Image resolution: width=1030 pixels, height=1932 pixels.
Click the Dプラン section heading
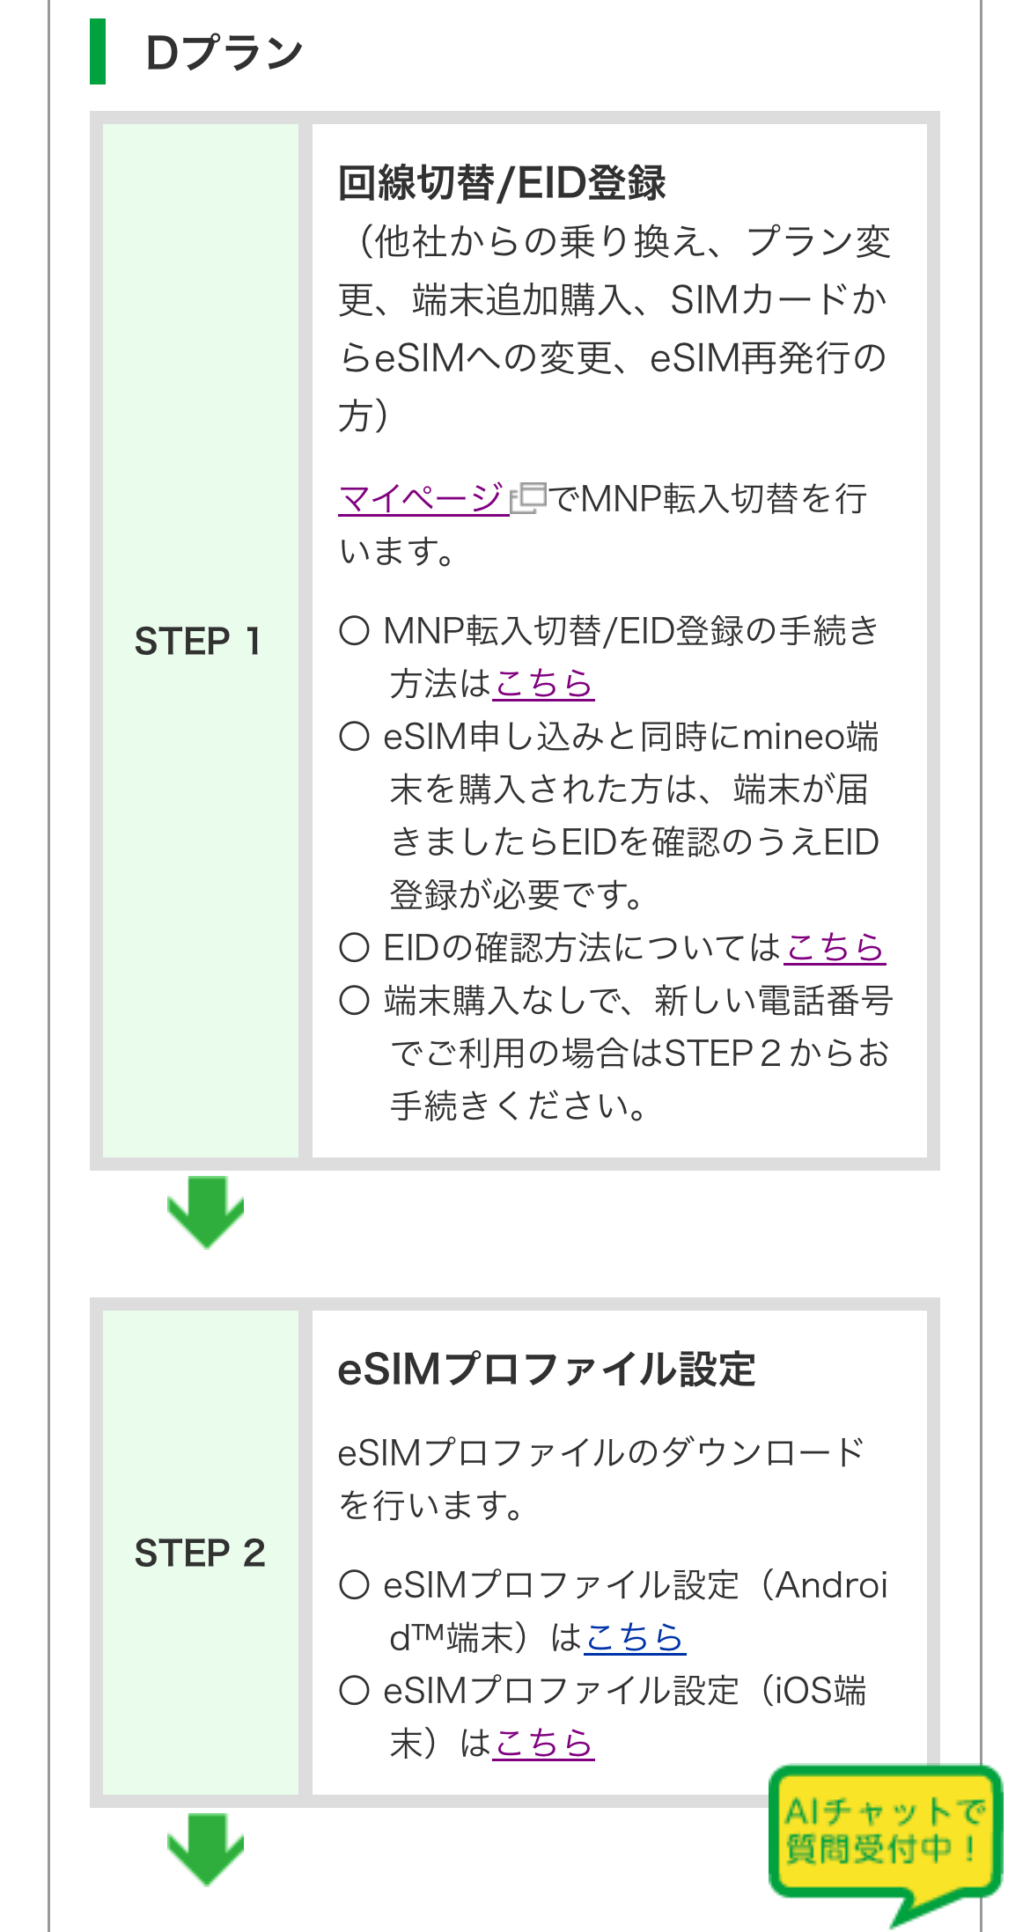pyautogui.click(x=224, y=53)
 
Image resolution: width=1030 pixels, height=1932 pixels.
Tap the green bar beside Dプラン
pyautogui.click(x=98, y=52)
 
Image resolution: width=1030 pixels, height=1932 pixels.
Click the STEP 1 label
pyautogui.click(x=198, y=641)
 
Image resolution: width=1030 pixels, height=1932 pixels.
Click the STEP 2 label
pyautogui.click(x=200, y=1553)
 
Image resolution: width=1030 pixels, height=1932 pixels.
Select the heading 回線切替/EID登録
pyautogui.click(x=502, y=183)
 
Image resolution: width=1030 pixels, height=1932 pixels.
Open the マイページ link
pyautogui.click(x=423, y=499)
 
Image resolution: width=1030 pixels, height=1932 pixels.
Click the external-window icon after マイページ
pyautogui.click(x=529, y=498)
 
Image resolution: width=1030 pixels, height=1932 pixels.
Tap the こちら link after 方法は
pyautogui.click(x=543, y=684)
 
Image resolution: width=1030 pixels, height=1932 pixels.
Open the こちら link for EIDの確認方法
pyautogui.click(x=834, y=948)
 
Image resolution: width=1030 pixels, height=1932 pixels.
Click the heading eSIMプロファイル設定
pyautogui.click(x=546, y=1370)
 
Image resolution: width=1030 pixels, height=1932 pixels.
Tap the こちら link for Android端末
pyautogui.click(x=634, y=1638)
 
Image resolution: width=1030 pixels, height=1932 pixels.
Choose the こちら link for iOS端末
pyautogui.click(x=543, y=1744)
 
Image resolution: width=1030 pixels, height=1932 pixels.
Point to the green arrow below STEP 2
pyautogui.click(x=205, y=1848)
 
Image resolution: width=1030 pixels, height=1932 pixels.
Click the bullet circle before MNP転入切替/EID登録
pyautogui.click(x=354, y=631)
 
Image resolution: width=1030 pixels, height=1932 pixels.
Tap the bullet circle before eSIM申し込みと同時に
pyautogui.click(x=354, y=737)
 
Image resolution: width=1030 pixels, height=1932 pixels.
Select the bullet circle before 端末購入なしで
pyautogui.click(x=354, y=1001)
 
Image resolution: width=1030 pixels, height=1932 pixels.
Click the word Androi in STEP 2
pyautogui.click(x=831, y=1585)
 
